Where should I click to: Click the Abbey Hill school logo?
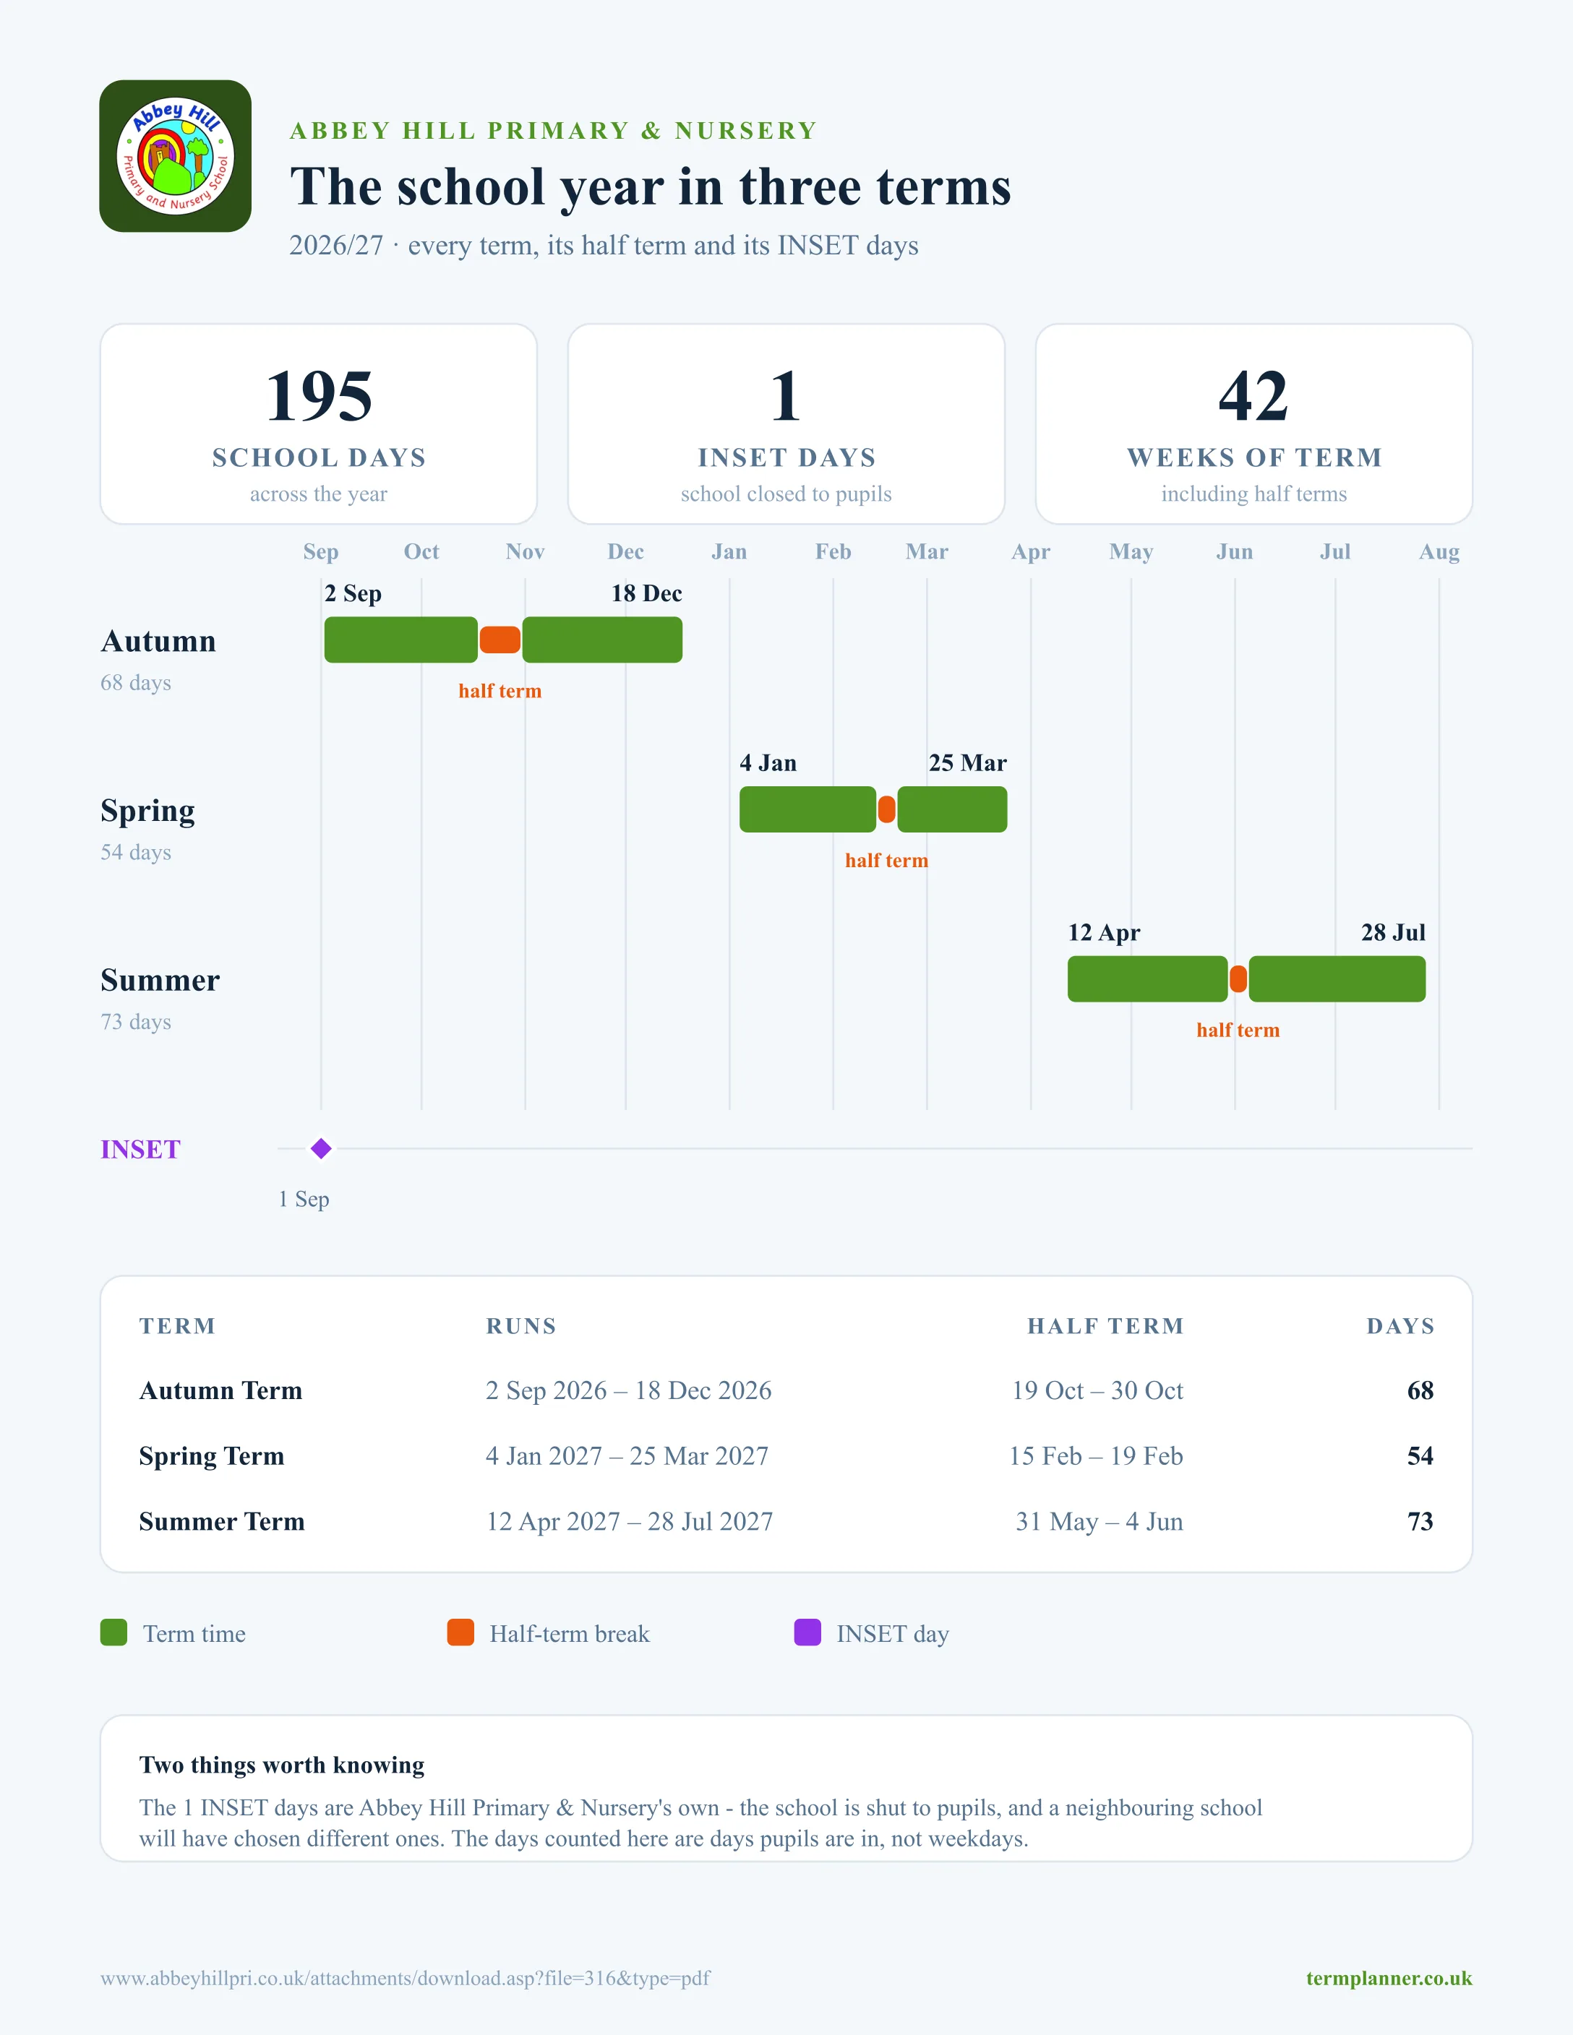pyautogui.click(x=175, y=155)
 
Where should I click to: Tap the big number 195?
pyautogui.click(x=319, y=396)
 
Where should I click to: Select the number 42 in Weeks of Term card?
pyautogui.click(x=1253, y=396)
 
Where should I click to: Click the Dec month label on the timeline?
pyautogui.click(x=625, y=551)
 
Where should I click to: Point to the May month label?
pyautogui.click(x=1131, y=551)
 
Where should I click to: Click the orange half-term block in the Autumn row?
pyautogui.click(x=500, y=640)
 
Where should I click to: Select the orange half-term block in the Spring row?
pyautogui.click(x=886, y=809)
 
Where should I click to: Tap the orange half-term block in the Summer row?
pyautogui.click(x=1238, y=979)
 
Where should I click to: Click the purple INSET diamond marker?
pyautogui.click(x=320, y=1149)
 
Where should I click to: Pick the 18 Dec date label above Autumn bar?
pyautogui.click(x=647, y=593)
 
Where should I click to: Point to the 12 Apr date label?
pyautogui.click(x=1105, y=933)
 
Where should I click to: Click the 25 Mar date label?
pyautogui.click(x=967, y=763)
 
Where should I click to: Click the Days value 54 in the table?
pyautogui.click(x=1420, y=1455)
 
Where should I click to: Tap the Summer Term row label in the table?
pyautogui.click(x=222, y=1522)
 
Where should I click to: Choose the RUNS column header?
pyautogui.click(x=521, y=1326)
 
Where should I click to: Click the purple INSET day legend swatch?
pyautogui.click(x=807, y=1632)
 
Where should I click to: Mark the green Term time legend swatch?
pyautogui.click(x=113, y=1632)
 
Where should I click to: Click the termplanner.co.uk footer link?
pyautogui.click(x=1389, y=1978)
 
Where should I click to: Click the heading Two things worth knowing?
pyautogui.click(x=281, y=1765)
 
